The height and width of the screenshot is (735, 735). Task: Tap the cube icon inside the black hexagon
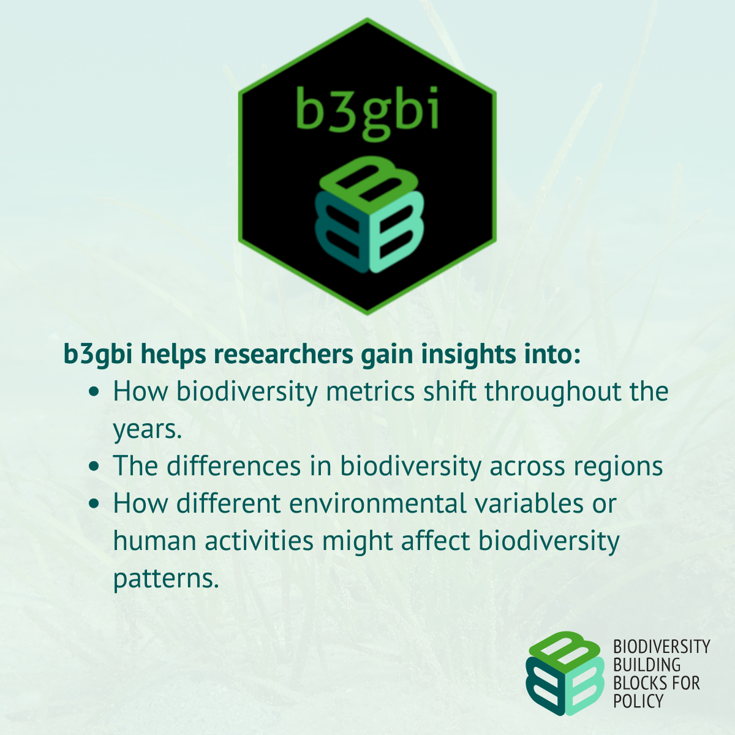[x=369, y=214]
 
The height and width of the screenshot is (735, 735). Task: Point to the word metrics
[x=370, y=391]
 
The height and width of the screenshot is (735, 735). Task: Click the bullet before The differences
[x=94, y=467]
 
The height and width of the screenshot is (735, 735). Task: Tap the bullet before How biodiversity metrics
[x=94, y=392]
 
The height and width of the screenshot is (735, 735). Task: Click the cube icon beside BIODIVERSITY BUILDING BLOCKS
[x=565, y=673]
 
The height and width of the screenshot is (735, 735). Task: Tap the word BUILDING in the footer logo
[x=647, y=665]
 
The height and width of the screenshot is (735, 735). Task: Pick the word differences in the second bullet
[x=233, y=466]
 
